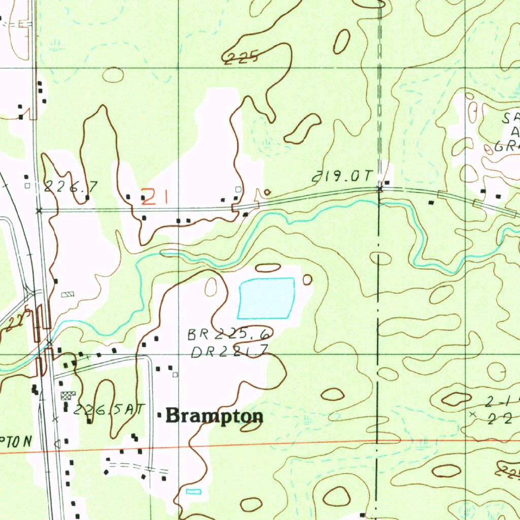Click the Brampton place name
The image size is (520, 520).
pyautogui.click(x=214, y=416)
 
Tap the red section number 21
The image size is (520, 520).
pyautogui.click(x=154, y=197)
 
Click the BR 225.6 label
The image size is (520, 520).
pyautogui.click(x=230, y=334)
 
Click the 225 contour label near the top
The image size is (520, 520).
pyautogui.click(x=242, y=58)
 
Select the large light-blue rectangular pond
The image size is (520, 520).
pyautogui.click(x=266, y=298)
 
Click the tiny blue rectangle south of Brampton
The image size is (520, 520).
pyautogui.click(x=193, y=491)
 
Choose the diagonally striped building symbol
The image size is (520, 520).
pyautogui.click(x=67, y=295)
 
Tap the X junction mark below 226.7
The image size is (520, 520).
pyautogui.click(x=39, y=210)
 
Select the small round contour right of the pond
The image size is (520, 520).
pyautogui.click(x=307, y=279)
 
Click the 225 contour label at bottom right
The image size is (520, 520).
pyautogui.click(x=509, y=473)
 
